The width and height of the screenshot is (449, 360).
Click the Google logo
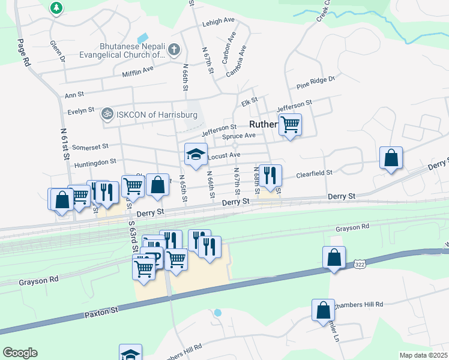click(x=20, y=353)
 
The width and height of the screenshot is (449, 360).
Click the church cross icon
click(x=174, y=49)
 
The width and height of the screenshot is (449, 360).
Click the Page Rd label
click(x=24, y=52)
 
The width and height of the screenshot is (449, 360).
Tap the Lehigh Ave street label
click(x=218, y=20)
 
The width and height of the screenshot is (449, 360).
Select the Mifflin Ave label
click(x=138, y=70)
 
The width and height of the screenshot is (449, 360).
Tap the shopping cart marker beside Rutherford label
click(x=290, y=125)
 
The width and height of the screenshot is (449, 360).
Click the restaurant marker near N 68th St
click(x=270, y=175)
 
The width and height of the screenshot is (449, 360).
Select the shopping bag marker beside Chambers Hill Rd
click(x=323, y=310)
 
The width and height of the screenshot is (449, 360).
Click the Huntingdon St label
click(x=95, y=163)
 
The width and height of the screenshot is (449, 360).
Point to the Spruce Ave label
click(x=239, y=136)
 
